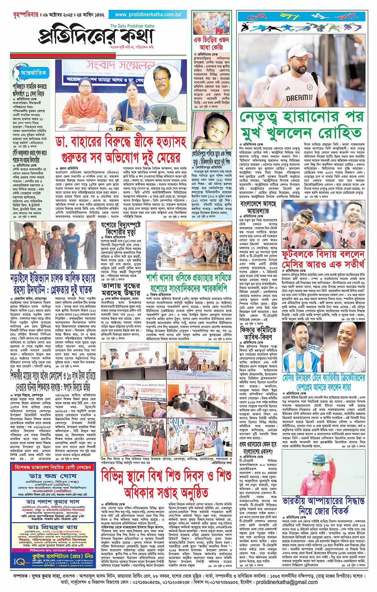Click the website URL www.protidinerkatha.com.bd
coord(148,14)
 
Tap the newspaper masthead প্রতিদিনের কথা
coord(97,36)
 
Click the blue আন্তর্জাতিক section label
coord(34,73)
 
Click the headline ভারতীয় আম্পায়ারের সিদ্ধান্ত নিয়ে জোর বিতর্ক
coord(324,505)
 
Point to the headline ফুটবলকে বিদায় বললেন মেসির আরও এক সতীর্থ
coord(323,259)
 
